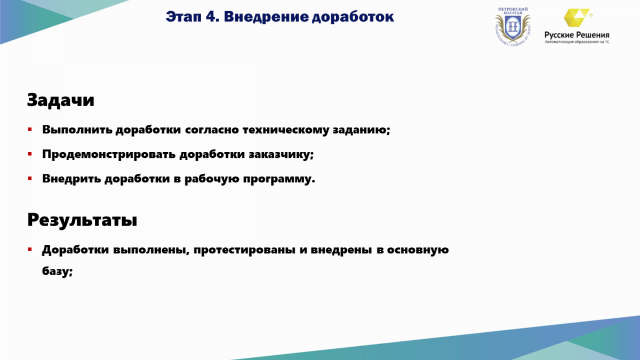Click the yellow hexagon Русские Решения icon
(x=577, y=18)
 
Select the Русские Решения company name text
(x=577, y=35)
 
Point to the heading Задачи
(x=61, y=100)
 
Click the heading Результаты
(x=82, y=220)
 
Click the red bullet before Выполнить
(x=30, y=130)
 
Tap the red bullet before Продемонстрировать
(x=30, y=154)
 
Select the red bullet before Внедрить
(x=30, y=179)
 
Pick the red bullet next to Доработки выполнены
(x=30, y=250)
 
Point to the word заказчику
(x=281, y=155)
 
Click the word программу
(x=279, y=179)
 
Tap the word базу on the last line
(x=58, y=270)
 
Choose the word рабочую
(x=212, y=179)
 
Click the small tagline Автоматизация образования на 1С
(x=577, y=42)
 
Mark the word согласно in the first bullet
(x=212, y=130)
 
